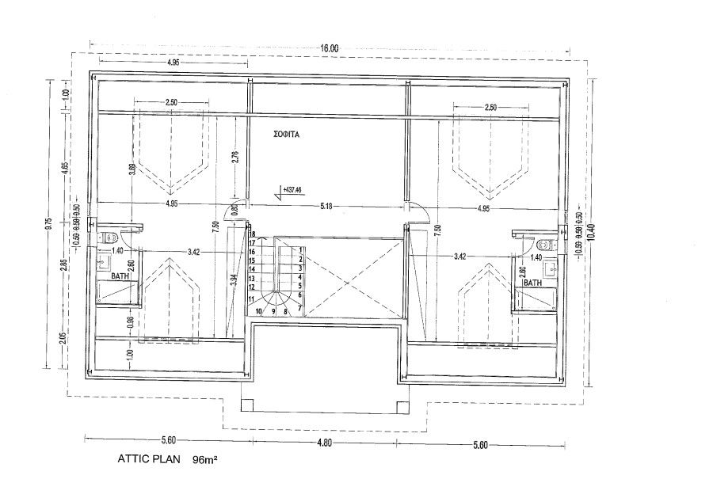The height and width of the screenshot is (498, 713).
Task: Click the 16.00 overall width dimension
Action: click(x=330, y=48)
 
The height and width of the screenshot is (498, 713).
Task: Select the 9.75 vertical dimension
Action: click(x=49, y=224)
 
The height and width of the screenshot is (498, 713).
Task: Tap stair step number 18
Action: click(x=251, y=235)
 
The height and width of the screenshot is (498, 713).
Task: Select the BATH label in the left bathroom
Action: click(x=120, y=276)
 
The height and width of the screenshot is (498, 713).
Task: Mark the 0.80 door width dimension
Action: click(x=234, y=212)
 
